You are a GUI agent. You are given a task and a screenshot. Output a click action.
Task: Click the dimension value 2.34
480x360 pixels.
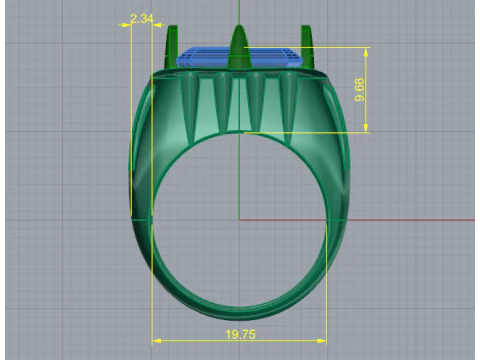(x=141, y=18)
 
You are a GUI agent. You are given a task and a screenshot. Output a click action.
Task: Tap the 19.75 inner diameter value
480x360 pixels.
(x=239, y=334)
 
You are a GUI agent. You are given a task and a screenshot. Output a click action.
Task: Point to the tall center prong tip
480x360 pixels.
(x=238, y=32)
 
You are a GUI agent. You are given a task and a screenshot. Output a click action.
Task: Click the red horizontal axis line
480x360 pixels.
(x=400, y=219)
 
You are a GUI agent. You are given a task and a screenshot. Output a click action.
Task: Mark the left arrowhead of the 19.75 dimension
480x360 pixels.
(x=155, y=342)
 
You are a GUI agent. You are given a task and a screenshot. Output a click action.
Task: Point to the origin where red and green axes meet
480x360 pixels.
(x=239, y=219)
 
